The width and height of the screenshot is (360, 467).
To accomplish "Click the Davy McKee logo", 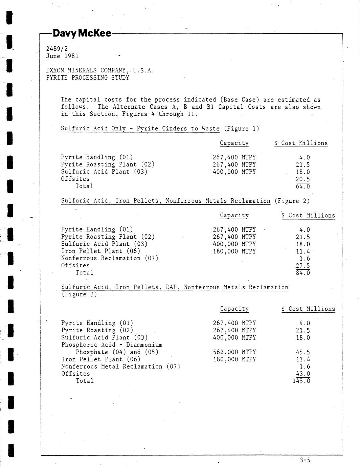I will (82, 33).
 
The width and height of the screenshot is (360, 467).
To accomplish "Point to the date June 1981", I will (62, 56).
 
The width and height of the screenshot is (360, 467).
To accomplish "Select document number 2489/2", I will (57, 49).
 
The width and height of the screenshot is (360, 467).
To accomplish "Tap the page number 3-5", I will (305, 460).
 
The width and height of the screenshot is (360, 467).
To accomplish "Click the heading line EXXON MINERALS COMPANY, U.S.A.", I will (100, 70).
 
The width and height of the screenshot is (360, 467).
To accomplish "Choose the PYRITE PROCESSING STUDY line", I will (87, 77).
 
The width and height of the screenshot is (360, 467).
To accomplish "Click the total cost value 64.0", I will (302, 186).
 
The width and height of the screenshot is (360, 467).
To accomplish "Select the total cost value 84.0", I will (302, 273).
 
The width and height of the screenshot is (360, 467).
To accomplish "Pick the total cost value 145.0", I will (301, 381).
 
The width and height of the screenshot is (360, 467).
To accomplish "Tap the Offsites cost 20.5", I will (302, 179).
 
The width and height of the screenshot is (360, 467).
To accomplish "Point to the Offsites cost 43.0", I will (302, 374).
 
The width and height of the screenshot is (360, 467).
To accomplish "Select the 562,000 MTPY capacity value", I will (234, 352).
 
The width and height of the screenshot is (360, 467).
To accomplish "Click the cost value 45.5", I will (302, 352).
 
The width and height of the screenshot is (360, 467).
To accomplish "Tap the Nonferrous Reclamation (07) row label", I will (110, 258).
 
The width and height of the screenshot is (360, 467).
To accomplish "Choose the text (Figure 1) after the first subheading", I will (241, 129).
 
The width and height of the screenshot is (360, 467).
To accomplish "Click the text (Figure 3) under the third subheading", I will (79, 294).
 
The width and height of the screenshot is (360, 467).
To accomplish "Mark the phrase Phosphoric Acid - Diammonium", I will (112, 345).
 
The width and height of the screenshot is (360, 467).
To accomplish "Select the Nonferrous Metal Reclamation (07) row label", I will (120, 366).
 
